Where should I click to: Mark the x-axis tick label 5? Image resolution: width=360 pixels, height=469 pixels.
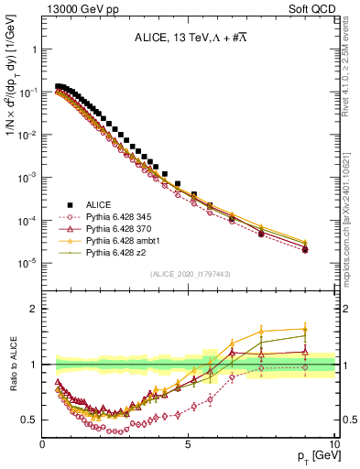pyautogui.click(x=188, y=444)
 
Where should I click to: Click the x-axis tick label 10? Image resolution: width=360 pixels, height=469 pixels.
pyautogui.click(x=333, y=444)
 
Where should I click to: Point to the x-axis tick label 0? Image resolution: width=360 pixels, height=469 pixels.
pyautogui.click(x=42, y=444)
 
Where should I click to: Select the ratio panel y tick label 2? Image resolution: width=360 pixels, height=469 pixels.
pyautogui.click(x=34, y=309)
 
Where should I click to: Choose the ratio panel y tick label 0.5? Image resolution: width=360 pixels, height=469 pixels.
pyautogui.click(x=29, y=420)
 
